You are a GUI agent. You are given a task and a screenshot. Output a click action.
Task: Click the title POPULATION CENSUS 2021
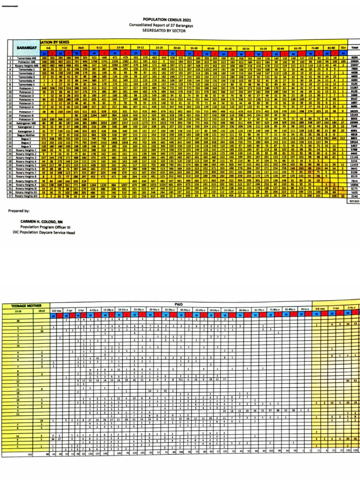181,18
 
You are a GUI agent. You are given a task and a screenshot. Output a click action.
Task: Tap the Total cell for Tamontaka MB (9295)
354,58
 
